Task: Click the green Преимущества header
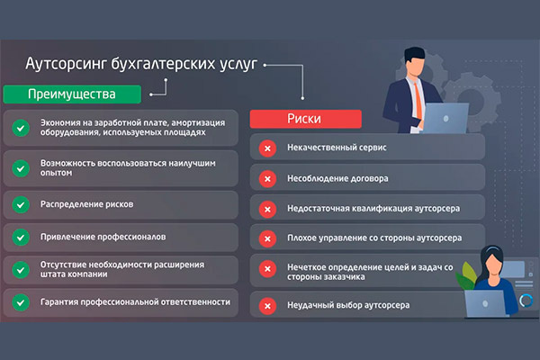(72, 94)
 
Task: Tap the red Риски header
(306, 119)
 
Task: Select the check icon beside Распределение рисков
(20, 204)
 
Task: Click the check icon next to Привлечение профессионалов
(20, 237)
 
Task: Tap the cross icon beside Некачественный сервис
(267, 148)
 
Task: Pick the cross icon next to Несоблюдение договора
(267, 178)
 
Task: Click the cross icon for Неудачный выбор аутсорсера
(267, 305)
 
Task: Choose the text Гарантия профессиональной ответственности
(128, 301)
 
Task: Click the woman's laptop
(498, 302)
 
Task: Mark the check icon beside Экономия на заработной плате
(20, 128)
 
